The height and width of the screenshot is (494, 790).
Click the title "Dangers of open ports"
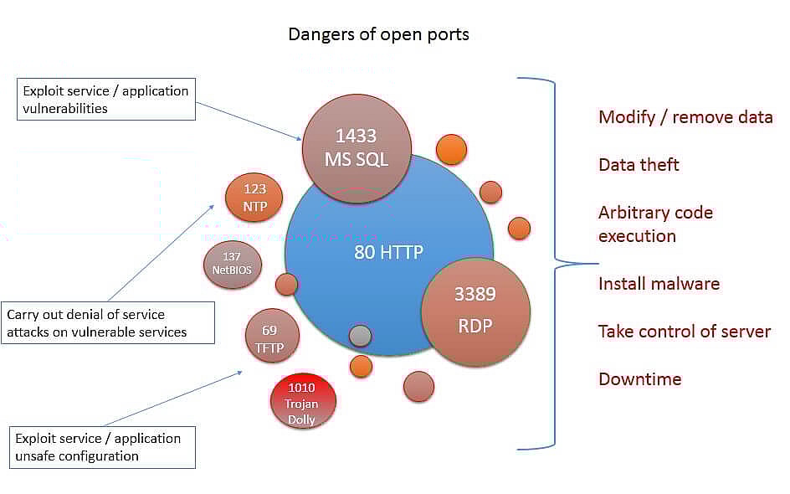[378, 34]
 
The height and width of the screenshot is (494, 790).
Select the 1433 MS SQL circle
[357, 149]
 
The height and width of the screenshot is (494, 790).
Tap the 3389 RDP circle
[475, 311]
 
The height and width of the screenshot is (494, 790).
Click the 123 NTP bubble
[254, 198]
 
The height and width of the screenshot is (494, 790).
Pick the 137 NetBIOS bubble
[233, 265]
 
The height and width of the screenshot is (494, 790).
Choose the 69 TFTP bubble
[272, 336]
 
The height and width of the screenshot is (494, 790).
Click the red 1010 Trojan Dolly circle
[303, 402]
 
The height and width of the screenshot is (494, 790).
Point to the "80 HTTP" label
[388, 252]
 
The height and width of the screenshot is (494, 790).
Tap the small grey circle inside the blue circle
[360, 336]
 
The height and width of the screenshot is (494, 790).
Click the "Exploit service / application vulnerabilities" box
[106, 100]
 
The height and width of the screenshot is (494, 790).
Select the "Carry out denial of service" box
[108, 323]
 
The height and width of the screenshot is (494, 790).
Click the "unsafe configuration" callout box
[102, 448]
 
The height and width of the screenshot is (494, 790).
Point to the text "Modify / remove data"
[685, 117]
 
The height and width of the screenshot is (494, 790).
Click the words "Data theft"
[639, 165]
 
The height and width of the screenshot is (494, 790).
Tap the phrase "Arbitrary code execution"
[655, 224]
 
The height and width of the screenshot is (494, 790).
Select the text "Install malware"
[659, 284]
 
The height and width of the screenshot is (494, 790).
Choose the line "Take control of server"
[685, 332]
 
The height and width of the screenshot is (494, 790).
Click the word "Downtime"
[640, 379]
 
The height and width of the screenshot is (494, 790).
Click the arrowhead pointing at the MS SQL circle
[299, 137]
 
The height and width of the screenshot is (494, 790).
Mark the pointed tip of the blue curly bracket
[598, 263]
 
